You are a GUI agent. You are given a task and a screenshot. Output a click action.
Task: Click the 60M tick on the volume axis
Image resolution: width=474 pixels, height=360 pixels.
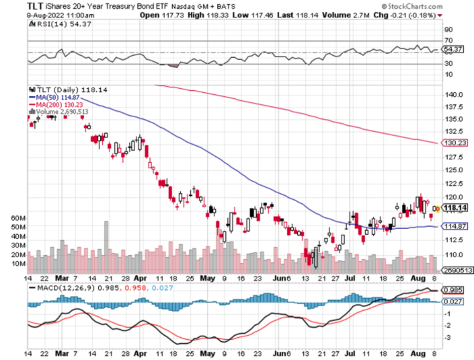(x=17, y=219)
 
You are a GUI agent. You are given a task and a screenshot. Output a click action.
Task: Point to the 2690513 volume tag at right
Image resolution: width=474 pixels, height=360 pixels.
(x=455, y=268)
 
